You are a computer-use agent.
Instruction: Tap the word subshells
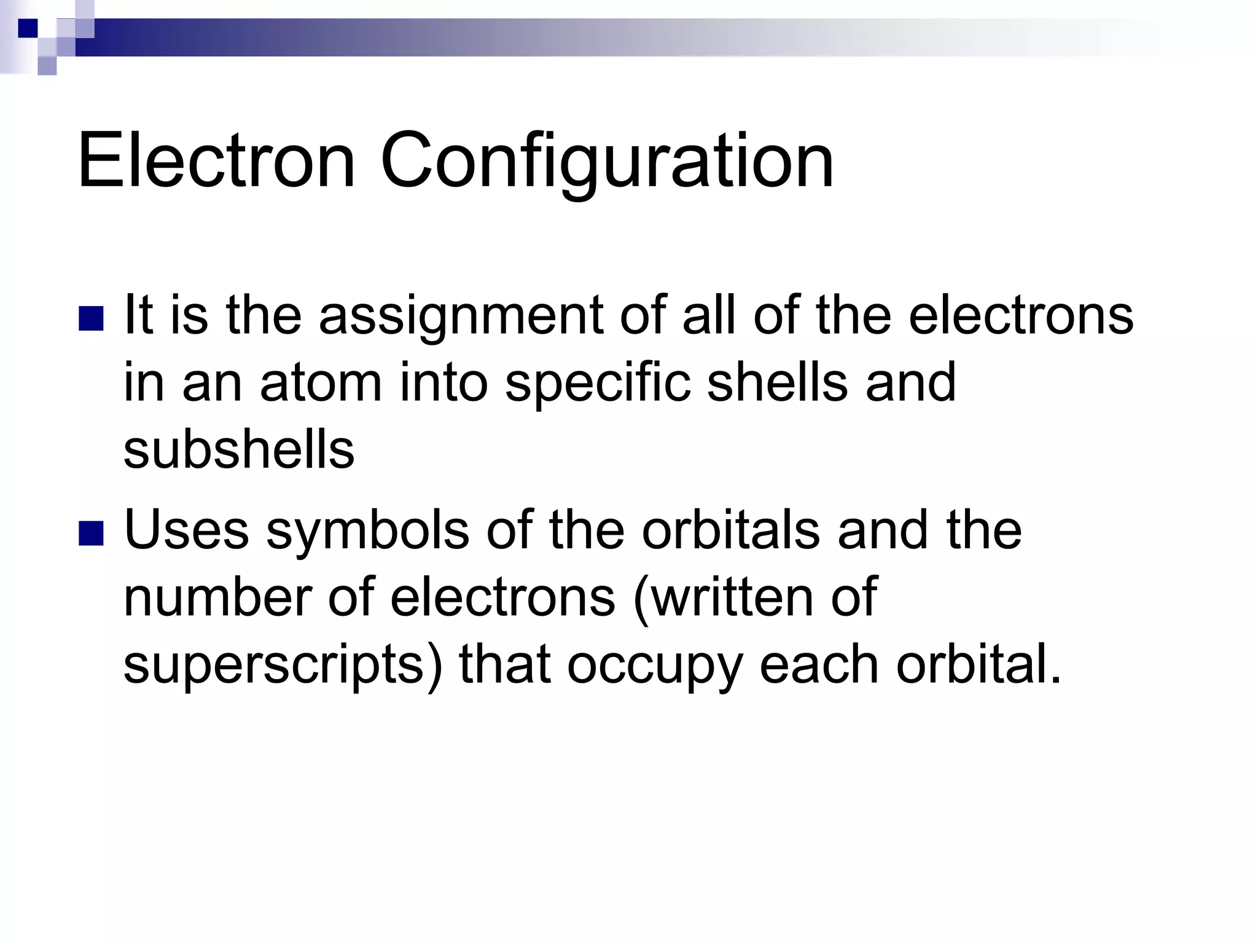coord(239,449)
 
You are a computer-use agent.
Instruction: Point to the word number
coord(218,597)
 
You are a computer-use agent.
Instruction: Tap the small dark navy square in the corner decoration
coord(28,28)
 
